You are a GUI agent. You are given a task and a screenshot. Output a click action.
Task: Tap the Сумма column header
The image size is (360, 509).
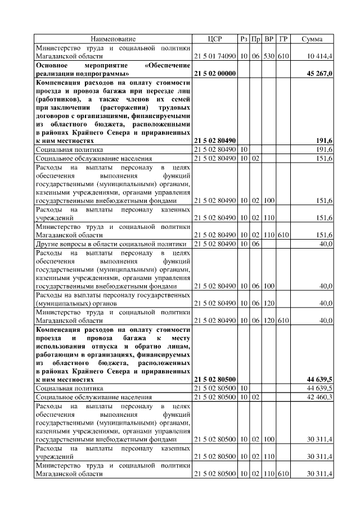pyautogui.click(x=312, y=39)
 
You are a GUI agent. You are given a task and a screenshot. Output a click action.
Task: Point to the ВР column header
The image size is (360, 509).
pyautogui.click(x=269, y=39)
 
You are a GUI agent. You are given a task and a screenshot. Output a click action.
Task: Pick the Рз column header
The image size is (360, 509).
pyautogui.click(x=244, y=39)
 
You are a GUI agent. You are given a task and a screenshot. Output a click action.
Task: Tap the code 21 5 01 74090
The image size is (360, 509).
pyautogui.click(x=215, y=57)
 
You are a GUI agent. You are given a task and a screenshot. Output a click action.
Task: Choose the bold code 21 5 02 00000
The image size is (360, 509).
pyautogui.click(x=215, y=74)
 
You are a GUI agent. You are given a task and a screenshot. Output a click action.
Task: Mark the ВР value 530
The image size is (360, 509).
pyautogui.click(x=269, y=57)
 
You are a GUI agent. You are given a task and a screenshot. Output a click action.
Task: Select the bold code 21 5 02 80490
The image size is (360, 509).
pyautogui.click(x=215, y=141)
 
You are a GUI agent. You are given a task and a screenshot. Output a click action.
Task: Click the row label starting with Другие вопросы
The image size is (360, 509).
pyautogui.click(x=111, y=244)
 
